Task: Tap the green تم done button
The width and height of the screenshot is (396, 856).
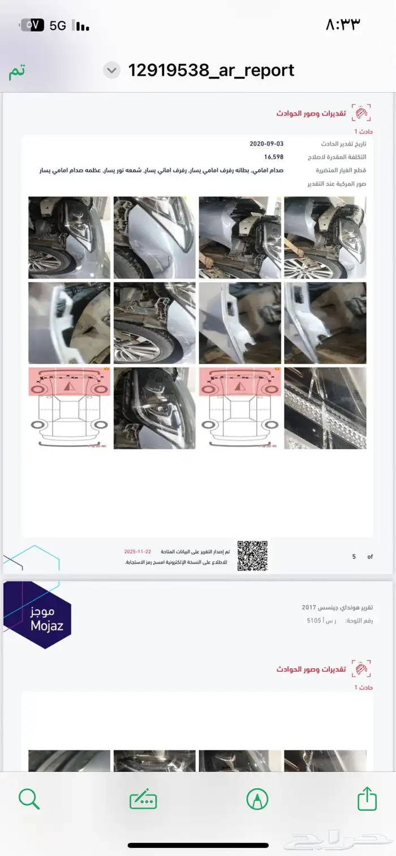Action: [17, 71]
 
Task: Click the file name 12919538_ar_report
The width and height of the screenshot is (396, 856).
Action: [211, 70]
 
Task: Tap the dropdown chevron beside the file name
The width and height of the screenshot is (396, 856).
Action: [112, 71]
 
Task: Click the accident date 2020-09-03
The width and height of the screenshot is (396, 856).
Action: [266, 144]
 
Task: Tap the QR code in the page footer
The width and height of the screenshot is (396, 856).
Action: [252, 555]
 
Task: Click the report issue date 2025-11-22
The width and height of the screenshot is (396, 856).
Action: [139, 551]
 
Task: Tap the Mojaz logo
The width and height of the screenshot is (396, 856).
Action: [38, 615]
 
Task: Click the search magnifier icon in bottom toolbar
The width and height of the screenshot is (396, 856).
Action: [29, 799]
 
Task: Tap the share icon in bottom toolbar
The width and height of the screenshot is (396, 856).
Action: [367, 799]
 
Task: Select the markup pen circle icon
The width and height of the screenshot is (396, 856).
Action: [257, 799]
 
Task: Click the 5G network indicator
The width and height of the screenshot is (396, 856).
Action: [58, 25]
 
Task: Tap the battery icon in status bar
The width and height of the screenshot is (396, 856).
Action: [32, 25]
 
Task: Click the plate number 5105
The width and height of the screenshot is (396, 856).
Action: [314, 620]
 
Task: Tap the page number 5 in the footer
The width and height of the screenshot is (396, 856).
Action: [354, 556]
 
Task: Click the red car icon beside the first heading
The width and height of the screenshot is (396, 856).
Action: [361, 113]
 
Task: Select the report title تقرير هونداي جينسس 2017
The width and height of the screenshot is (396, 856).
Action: [337, 607]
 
